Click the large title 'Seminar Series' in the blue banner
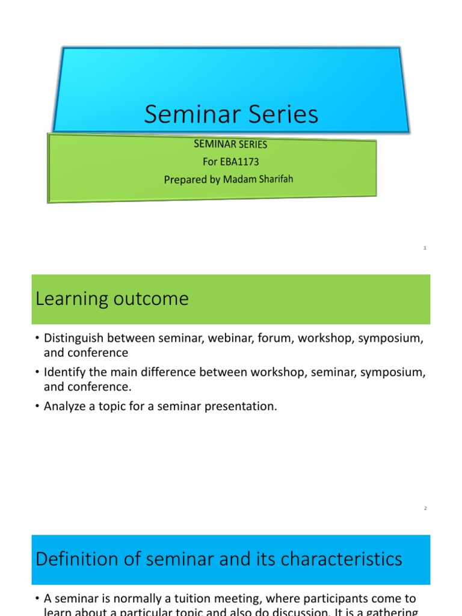(231, 114)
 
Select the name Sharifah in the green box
(274, 179)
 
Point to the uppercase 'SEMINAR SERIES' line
(230, 144)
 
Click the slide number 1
(425, 248)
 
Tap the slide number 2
(425, 508)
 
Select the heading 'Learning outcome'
(112, 299)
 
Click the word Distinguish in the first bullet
(73, 339)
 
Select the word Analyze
(64, 407)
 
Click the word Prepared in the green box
(184, 179)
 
